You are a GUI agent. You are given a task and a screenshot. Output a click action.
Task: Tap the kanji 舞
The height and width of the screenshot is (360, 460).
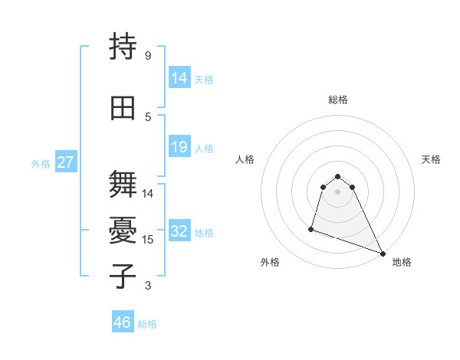(x=123, y=185)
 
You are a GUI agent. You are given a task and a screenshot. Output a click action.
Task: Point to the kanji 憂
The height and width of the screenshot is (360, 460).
(x=123, y=231)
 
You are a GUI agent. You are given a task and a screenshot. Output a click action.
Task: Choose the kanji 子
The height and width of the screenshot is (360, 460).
(x=123, y=277)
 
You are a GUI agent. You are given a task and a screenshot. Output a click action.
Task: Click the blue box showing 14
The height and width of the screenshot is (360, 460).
(x=179, y=78)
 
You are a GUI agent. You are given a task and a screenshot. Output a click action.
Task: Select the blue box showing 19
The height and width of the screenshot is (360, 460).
(x=179, y=147)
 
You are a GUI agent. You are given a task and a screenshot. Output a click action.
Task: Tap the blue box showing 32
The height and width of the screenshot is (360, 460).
(x=179, y=231)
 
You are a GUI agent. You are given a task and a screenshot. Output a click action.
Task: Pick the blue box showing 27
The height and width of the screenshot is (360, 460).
(x=65, y=162)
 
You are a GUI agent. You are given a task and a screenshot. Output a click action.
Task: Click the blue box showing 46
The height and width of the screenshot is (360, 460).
(x=122, y=322)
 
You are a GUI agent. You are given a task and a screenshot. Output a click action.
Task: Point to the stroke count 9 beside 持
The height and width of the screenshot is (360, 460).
(x=148, y=56)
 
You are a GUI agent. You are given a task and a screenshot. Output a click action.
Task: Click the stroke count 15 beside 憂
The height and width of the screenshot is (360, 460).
(x=148, y=240)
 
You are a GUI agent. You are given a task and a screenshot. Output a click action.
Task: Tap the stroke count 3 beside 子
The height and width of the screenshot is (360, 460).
(x=148, y=286)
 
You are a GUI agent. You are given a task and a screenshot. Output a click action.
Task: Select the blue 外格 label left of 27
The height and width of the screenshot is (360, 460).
(x=41, y=163)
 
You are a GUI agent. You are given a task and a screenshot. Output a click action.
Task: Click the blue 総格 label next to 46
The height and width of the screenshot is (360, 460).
(x=147, y=323)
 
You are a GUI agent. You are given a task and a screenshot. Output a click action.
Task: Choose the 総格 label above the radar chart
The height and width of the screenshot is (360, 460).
(x=338, y=100)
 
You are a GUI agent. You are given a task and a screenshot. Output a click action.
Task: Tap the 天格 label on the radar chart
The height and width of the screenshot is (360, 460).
(x=431, y=159)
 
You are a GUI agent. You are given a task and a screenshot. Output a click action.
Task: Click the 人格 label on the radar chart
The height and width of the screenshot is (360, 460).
(x=245, y=159)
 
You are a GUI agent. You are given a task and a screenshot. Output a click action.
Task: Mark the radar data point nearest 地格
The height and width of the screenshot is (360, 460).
(x=383, y=254)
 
